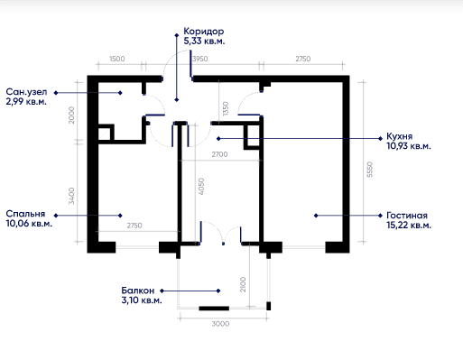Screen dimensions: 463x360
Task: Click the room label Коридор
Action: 204,32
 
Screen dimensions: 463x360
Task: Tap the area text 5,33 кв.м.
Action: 204,41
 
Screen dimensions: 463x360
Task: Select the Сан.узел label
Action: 26,91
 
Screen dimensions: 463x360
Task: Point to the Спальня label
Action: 25,214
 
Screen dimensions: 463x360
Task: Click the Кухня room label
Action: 399,136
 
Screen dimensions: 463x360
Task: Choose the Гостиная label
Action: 407,216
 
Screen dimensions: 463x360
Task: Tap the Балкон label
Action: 138,291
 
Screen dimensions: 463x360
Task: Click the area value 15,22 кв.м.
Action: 409,225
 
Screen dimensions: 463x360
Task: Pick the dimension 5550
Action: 370,170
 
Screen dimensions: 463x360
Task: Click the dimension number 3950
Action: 200,59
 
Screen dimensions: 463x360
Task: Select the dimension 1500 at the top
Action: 117,59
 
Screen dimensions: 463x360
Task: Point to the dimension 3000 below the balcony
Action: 220,324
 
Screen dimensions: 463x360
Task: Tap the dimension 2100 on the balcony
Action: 243,284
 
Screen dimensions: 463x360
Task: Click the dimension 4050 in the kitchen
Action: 201,187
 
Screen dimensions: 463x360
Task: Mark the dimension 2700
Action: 219,154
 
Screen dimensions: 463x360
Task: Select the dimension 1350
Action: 226,108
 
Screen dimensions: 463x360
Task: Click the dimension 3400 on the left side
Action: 71,196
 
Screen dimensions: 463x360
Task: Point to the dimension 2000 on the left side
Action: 71,115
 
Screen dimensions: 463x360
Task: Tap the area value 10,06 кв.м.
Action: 29,224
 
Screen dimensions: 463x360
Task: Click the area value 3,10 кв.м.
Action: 142,300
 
